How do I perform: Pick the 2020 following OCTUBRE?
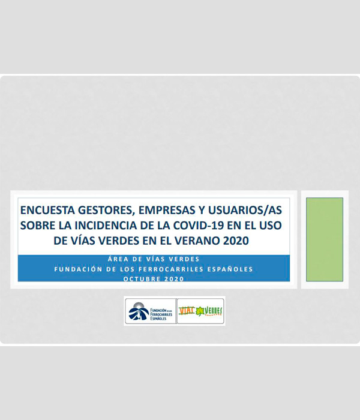pyautogui.click(x=174, y=278)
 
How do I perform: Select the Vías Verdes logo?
pyautogui.click(x=201, y=311)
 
